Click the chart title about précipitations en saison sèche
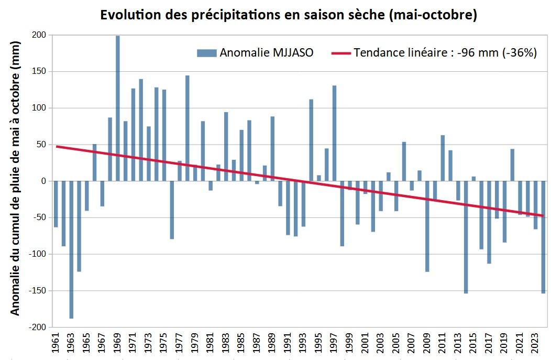click(x=288, y=15)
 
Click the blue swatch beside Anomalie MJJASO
click(x=206, y=53)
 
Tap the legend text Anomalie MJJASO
click(x=267, y=53)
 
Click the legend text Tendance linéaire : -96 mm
click(x=445, y=53)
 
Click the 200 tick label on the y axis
click(x=39, y=35)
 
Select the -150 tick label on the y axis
click(x=37, y=291)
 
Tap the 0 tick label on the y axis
click(x=43, y=181)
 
